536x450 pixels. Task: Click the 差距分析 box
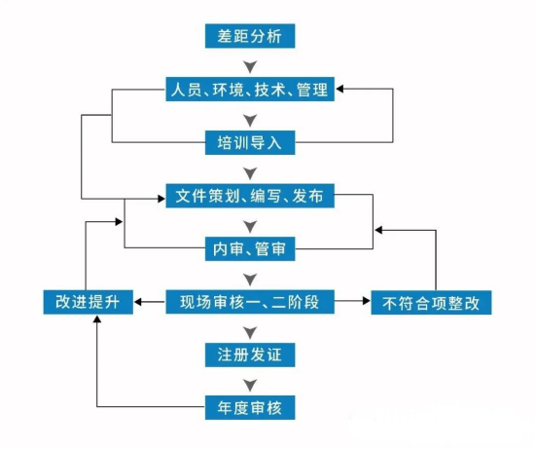tap(250, 36)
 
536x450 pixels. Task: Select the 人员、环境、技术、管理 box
tap(250, 89)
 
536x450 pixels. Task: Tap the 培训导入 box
tap(250, 142)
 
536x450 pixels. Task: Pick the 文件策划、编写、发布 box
tap(250, 196)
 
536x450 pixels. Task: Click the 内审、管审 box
tap(250, 248)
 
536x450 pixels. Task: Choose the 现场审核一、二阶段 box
tap(250, 302)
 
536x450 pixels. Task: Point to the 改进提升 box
tap(89, 302)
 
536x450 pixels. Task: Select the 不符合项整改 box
tap(431, 303)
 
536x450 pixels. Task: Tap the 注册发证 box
tap(250, 355)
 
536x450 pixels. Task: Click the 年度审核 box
tap(250, 407)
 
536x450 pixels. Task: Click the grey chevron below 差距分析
tap(250, 67)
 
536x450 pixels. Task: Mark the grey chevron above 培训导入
tap(250, 120)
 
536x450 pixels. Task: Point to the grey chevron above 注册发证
tap(250, 332)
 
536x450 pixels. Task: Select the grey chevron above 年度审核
tap(250, 386)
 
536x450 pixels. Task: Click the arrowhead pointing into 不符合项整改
tap(367, 301)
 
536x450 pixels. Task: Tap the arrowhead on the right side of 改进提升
tap(138, 302)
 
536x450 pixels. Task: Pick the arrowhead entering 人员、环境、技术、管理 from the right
tap(339, 89)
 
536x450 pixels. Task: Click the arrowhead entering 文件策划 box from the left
tap(161, 199)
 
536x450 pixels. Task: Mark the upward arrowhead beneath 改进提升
tap(97, 319)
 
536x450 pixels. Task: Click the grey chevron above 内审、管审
tap(250, 226)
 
